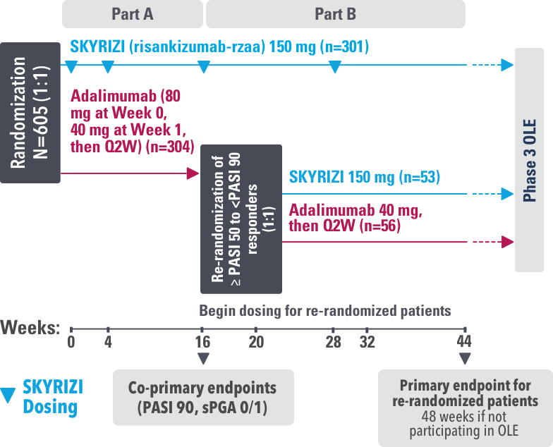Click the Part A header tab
pos(133,13)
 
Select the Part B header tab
pos(335,13)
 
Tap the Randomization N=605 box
pos(30,112)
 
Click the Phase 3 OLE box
pos(533,160)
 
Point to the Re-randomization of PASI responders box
pos(241,219)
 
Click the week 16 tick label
pos(202,342)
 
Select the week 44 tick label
pos(465,342)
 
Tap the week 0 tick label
pos(71,342)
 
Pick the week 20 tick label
pos(255,342)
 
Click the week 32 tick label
pos(367,342)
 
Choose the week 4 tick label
pos(108,342)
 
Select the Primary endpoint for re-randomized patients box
pos(465,408)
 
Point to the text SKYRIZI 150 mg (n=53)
pos(364,177)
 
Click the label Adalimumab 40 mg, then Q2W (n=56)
pos(356,218)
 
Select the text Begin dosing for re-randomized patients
pos(324,310)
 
